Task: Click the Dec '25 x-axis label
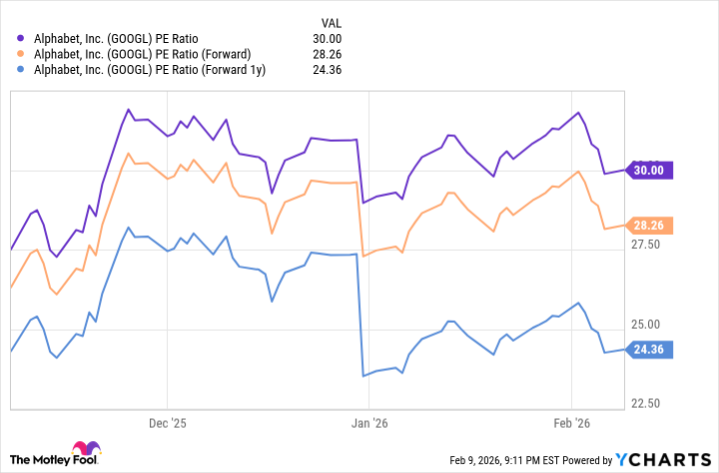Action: click(168, 422)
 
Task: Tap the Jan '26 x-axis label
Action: click(368, 422)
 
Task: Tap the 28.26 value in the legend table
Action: click(330, 54)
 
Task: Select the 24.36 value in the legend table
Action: click(330, 70)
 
